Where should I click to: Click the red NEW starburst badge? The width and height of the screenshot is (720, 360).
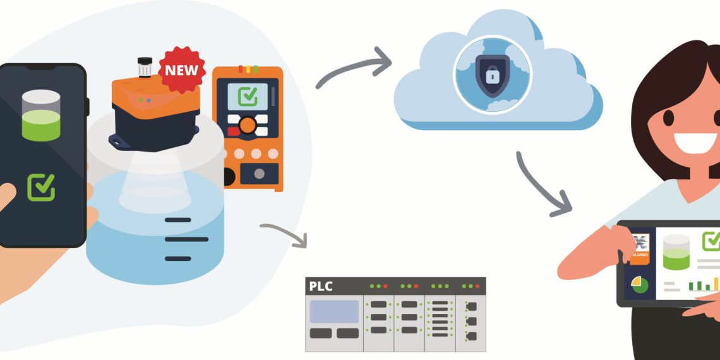181,69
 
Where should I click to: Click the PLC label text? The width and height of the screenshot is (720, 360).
320,286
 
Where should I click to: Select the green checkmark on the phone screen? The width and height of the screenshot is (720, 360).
41,188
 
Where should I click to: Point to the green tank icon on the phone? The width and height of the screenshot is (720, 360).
40,115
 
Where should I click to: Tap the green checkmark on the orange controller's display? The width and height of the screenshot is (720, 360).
247,97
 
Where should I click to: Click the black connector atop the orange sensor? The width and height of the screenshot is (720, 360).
145,66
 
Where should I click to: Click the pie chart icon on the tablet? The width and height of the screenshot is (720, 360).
639,285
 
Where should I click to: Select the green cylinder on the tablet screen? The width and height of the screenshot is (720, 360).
675,255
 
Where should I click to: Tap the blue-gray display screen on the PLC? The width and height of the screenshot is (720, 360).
334,311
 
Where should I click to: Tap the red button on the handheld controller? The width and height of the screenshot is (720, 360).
234,131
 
